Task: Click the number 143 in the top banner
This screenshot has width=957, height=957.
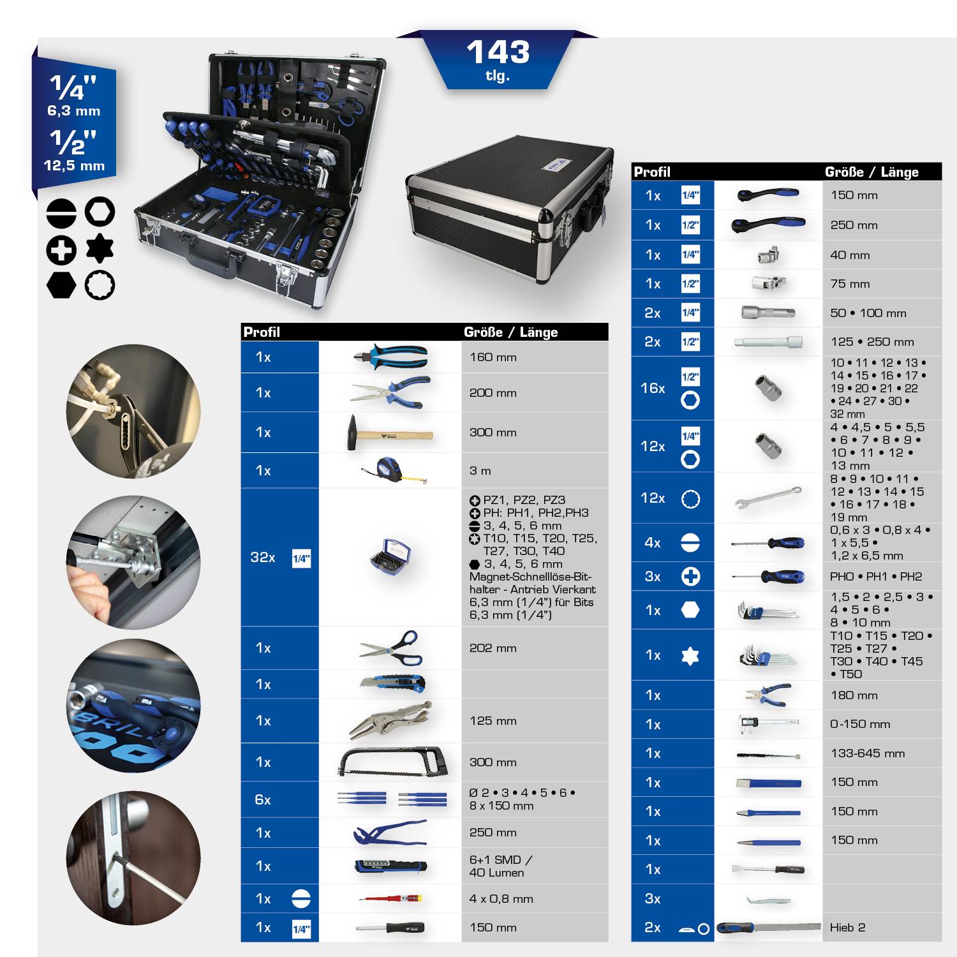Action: pos(498,52)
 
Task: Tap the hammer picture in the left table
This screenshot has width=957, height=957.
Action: pos(389,433)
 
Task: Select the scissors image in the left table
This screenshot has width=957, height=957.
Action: pos(390,648)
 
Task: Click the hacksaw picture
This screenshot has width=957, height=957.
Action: pos(392,762)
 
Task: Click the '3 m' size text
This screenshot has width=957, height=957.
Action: pos(480,471)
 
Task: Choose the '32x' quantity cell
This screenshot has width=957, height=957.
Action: pos(263,558)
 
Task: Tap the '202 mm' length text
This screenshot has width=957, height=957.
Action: pos(493,648)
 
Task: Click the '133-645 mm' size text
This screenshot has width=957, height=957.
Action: pos(867,753)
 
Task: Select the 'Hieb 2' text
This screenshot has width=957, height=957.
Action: pos(847,928)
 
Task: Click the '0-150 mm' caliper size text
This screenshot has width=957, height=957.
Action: pos(860,724)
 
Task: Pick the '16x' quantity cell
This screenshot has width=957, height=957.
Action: pos(653,388)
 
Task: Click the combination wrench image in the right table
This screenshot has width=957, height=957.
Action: pos(768,498)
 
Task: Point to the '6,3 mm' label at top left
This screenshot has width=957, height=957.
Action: pos(74,111)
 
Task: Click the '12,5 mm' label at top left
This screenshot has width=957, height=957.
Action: pos(74,166)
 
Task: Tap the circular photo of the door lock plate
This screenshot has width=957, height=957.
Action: pos(133,857)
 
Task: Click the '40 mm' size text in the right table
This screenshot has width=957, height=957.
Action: pos(850,255)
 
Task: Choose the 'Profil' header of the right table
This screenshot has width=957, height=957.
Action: pos(651,172)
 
